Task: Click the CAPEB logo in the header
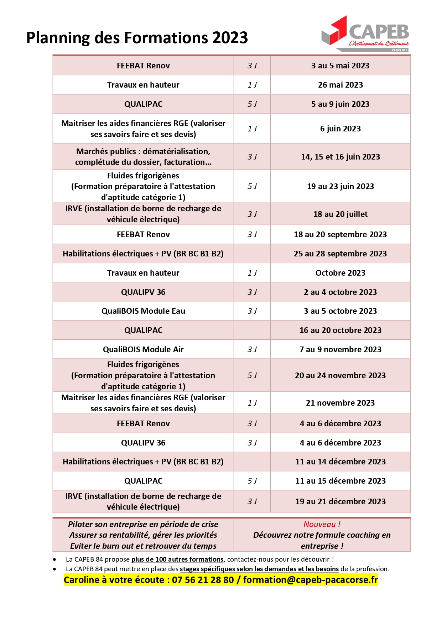[x=365, y=33]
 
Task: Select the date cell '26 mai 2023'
[x=340, y=85]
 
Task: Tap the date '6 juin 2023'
[x=340, y=129]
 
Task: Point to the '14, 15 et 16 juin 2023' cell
[x=340, y=157]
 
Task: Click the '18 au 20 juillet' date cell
[x=340, y=214]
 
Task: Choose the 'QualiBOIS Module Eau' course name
[x=143, y=311]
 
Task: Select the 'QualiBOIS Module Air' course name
[x=143, y=349]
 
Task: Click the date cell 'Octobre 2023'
[x=340, y=273]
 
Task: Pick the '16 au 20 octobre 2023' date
[x=340, y=330]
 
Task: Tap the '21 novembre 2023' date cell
[x=340, y=403]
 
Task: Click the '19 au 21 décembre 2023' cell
[x=340, y=501]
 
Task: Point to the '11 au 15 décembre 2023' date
[x=340, y=481]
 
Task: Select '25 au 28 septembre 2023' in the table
[x=340, y=254]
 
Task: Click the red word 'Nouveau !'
[x=322, y=524]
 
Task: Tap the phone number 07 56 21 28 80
[x=203, y=580]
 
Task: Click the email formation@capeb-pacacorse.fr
[x=310, y=580]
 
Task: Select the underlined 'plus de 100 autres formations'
[x=177, y=559]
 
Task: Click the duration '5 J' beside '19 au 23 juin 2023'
[x=252, y=186]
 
